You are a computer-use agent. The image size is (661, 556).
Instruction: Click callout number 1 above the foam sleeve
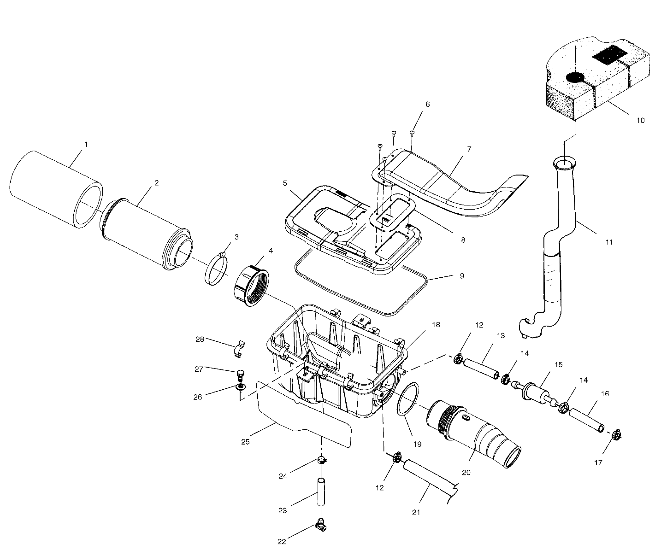point(86,144)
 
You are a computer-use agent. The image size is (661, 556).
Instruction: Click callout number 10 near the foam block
point(640,120)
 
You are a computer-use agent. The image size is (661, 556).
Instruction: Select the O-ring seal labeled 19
point(407,400)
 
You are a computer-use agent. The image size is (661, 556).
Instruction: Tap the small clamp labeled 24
point(322,460)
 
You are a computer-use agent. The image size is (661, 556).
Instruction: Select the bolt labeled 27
point(240,374)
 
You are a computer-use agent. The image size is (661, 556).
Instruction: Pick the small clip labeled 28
point(238,349)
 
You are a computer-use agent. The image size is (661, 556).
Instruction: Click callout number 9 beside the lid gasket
point(461,276)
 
